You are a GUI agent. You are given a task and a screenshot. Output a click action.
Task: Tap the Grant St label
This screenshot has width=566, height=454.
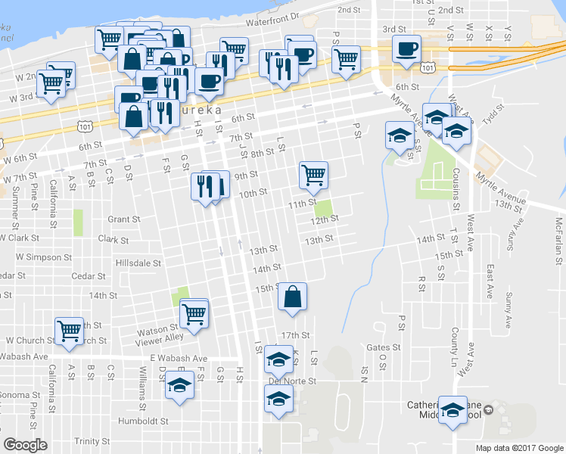pos(124,219)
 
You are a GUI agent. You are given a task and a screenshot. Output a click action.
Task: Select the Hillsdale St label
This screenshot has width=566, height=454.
pos(137,263)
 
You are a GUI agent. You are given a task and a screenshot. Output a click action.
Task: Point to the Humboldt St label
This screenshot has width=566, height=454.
pos(143,421)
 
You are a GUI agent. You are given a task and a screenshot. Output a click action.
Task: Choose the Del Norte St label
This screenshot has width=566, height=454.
pos(291,381)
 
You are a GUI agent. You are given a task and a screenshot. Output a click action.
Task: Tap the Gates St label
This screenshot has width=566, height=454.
pos(377,347)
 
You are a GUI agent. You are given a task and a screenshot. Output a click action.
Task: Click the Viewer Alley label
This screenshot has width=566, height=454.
pos(159,337)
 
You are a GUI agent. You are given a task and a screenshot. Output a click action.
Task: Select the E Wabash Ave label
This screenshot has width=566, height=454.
pos(179,358)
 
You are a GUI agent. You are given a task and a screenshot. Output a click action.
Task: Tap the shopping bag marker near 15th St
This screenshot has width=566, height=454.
pos(292,297)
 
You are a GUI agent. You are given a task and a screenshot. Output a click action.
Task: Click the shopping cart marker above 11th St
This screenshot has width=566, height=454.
pos(313,175)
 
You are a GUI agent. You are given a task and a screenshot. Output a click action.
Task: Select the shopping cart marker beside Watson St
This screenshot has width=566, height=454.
pos(195,312)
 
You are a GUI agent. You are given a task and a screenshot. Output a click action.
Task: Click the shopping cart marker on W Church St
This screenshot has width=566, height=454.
pos(69,331)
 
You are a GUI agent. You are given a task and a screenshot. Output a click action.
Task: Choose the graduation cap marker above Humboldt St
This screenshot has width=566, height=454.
pos(180,386)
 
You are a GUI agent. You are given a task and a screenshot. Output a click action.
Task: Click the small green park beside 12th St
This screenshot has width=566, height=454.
pos(324,207)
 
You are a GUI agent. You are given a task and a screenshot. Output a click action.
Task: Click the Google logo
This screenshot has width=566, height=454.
pos(26,445)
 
